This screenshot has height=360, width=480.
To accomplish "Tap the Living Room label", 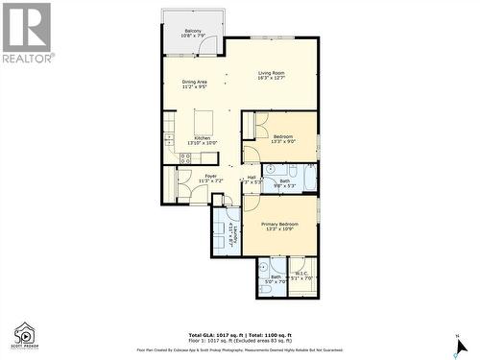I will tap(272, 75).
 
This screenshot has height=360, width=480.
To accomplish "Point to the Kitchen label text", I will tap(203, 139).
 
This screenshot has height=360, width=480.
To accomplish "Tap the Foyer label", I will tap(210, 178).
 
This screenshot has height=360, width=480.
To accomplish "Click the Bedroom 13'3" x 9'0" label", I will tap(283, 139).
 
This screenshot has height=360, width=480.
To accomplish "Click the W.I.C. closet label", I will tap(301, 276).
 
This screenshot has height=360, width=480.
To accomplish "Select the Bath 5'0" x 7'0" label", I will tap(276, 278).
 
